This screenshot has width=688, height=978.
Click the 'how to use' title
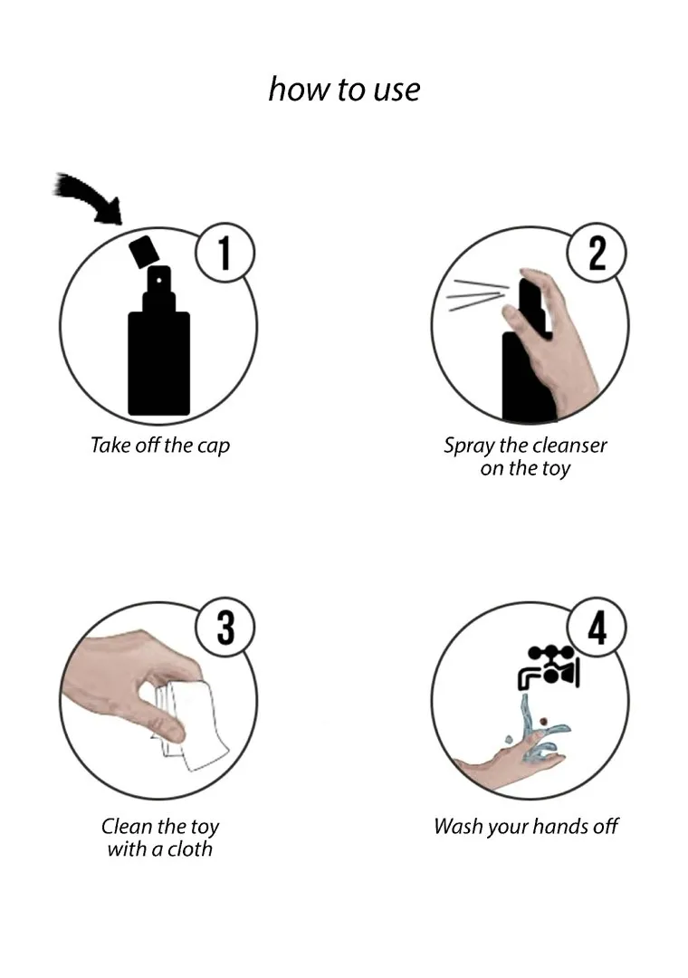(344, 89)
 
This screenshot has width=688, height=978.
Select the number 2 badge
(597, 253)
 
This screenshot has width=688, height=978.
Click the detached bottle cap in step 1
(143, 251)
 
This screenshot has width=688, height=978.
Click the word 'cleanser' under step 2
(569, 446)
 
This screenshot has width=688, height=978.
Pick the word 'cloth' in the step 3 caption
(189, 849)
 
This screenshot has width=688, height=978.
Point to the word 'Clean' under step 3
(126, 827)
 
